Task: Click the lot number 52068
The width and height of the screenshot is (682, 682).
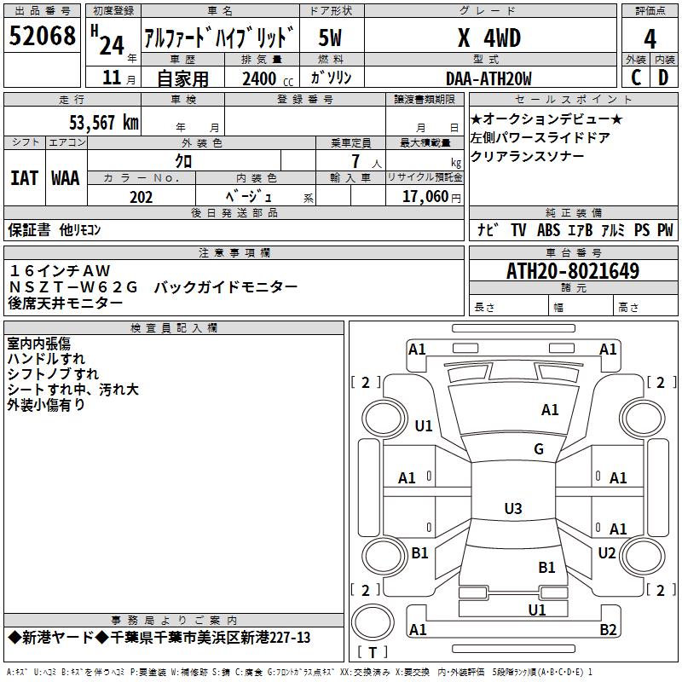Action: [x=43, y=37]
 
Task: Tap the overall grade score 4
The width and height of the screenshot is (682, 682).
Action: [x=650, y=38]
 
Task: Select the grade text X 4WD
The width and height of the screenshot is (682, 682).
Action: [x=488, y=38]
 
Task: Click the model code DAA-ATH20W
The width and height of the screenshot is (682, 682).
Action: [x=488, y=78]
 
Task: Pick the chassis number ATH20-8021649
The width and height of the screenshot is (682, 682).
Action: [x=573, y=271]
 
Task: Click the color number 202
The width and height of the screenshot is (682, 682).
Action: [x=141, y=197]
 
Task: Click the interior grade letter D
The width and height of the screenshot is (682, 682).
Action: [x=663, y=78]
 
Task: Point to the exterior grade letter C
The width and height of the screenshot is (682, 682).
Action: [x=635, y=78]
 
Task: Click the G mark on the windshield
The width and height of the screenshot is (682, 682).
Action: [x=538, y=449]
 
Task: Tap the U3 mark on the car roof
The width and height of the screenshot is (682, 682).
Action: [x=512, y=509]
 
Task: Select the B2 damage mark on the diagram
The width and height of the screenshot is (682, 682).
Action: [x=608, y=630]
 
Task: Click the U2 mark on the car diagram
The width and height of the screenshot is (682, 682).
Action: [x=606, y=553]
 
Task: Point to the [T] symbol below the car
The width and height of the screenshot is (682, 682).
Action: [x=372, y=653]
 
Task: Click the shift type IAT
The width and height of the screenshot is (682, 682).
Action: [x=24, y=178]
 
